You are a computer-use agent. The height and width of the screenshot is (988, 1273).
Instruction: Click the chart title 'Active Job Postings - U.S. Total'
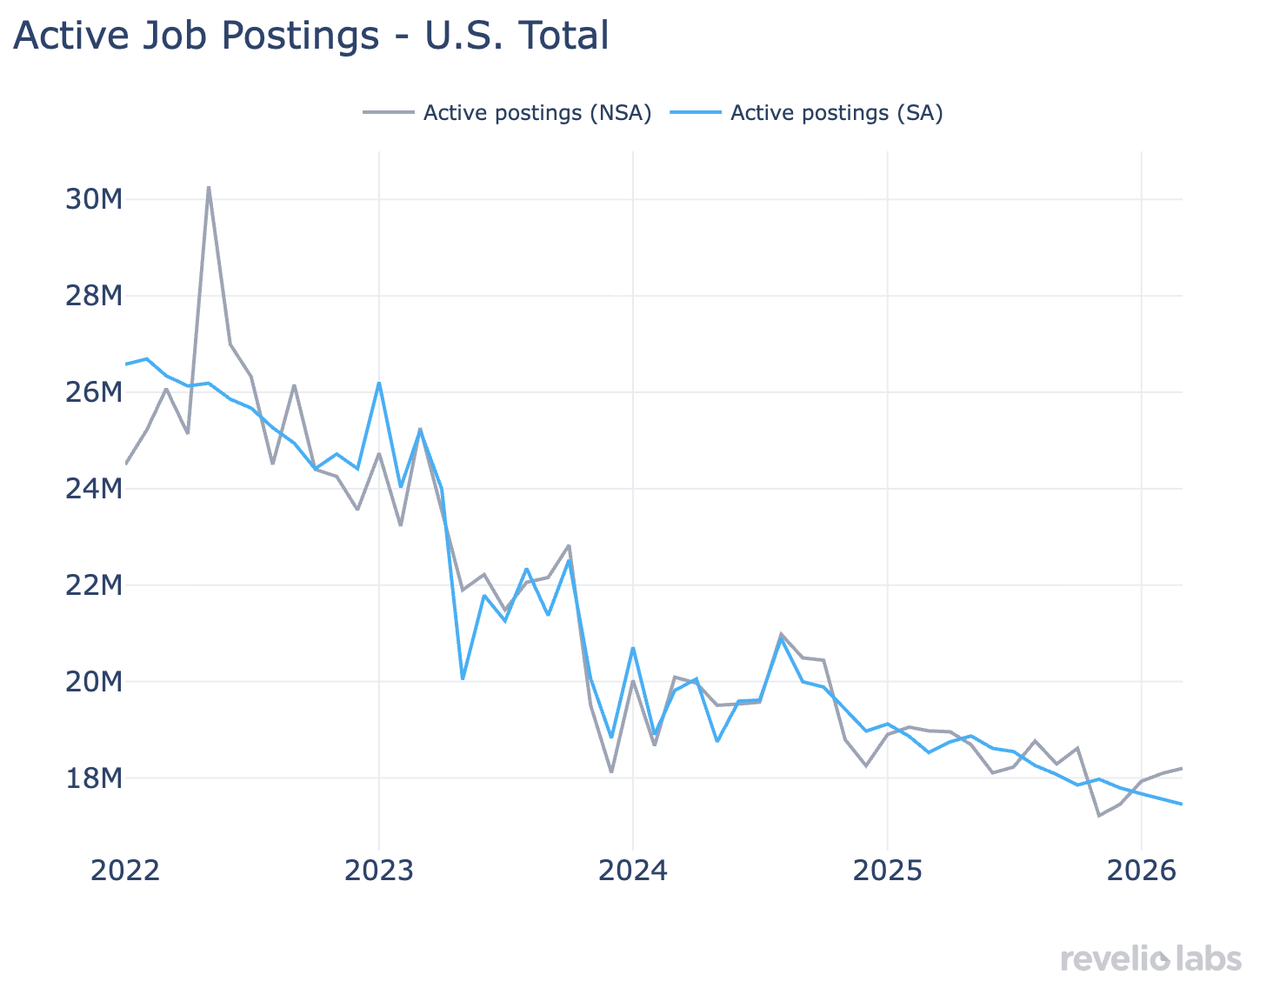tap(310, 37)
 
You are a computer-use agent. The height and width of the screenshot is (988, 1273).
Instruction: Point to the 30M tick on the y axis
tap(94, 200)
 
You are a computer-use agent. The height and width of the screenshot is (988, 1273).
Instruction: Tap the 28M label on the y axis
tap(94, 297)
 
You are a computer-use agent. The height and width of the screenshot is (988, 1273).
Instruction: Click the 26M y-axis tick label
tap(94, 393)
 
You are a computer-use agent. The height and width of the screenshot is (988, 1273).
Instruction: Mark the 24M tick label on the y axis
tap(94, 489)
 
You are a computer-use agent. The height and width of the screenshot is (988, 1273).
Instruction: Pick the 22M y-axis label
tap(94, 585)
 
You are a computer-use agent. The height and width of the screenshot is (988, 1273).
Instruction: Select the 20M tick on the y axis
tap(94, 682)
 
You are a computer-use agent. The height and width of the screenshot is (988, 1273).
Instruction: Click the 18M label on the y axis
tap(94, 778)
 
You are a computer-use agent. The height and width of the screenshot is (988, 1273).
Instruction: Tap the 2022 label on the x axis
tap(125, 870)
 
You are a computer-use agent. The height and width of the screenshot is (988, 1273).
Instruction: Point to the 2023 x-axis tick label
tap(379, 870)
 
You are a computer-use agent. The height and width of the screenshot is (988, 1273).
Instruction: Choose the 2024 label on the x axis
tap(633, 870)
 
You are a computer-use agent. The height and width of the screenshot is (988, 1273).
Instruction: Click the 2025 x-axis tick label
tap(887, 870)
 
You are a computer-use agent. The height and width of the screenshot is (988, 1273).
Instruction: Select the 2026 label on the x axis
tap(1141, 870)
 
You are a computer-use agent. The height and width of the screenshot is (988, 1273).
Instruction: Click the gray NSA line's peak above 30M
tap(209, 187)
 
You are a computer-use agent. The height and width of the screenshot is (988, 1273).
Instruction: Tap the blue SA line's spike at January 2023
tap(379, 383)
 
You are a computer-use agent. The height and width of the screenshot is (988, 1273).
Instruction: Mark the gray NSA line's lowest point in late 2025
tap(1099, 815)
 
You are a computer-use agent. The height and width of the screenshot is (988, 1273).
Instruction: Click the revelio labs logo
tap(1151, 959)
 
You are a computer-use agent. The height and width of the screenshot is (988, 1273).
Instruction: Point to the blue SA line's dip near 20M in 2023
tap(463, 678)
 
